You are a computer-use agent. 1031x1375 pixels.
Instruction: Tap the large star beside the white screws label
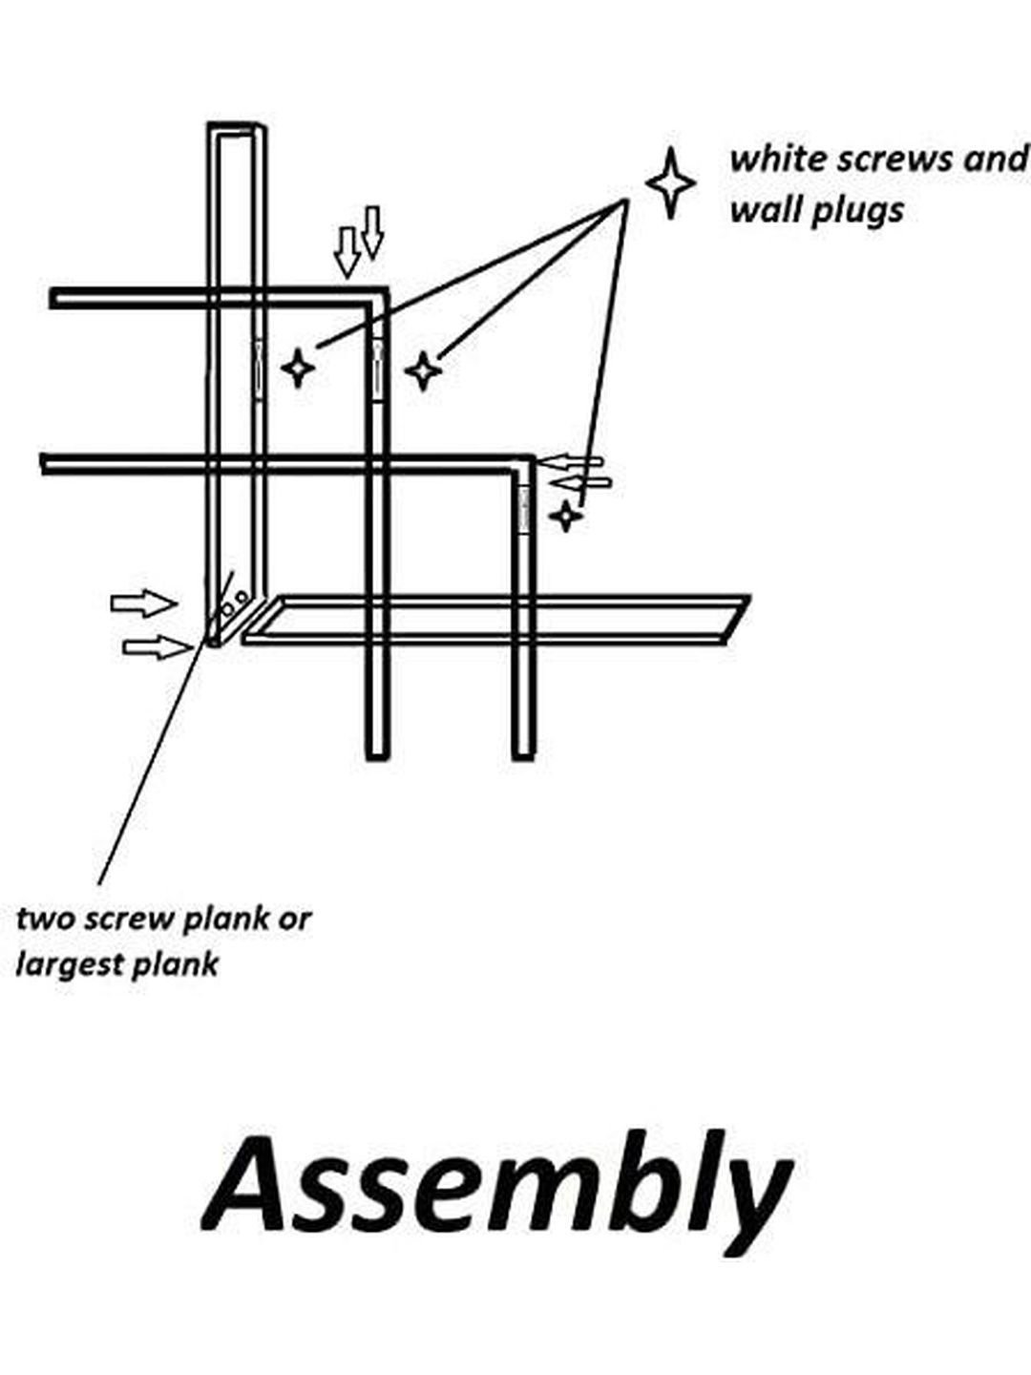pos(670,183)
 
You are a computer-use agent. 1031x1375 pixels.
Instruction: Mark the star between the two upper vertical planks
pos(298,368)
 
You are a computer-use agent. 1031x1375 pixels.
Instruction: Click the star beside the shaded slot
pos(566,517)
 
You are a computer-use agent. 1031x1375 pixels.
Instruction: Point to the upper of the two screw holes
pos(241,596)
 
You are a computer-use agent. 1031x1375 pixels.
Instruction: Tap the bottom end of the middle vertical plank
pos(377,758)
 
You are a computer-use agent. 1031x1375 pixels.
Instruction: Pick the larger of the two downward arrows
pos(347,253)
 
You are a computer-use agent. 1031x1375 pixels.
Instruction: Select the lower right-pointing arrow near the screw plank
pos(158,646)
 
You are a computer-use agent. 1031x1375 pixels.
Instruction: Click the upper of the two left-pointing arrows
pos(569,462)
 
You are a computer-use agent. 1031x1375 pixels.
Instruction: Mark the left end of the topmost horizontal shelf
pos(53,298)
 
